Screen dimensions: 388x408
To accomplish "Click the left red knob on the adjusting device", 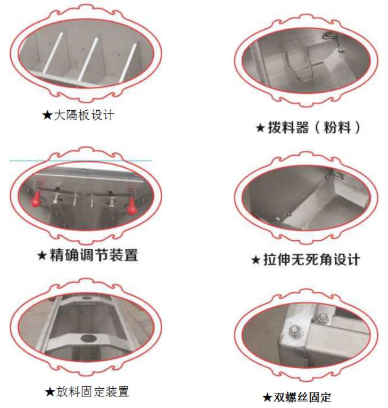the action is tap(36, 198).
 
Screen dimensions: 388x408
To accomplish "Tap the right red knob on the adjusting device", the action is tap(132, 205).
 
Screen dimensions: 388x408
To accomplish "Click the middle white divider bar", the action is tap(88, 59).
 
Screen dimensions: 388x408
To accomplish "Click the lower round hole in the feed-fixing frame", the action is tap(89, 339).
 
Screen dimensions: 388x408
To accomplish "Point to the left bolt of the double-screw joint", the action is tap(294, 331).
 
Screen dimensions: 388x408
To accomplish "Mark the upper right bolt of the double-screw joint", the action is tap(323, 317).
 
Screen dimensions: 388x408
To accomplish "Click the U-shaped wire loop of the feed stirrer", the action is tap(300, 64).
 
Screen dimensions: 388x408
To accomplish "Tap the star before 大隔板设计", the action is tap(47, 115).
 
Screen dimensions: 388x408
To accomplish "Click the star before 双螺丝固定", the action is tap(267, 397).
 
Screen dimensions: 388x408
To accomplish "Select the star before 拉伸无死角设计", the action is tap(256, 260).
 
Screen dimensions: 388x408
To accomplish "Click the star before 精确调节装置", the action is tap(42, 255).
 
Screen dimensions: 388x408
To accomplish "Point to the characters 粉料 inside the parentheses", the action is tap(337, 127).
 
